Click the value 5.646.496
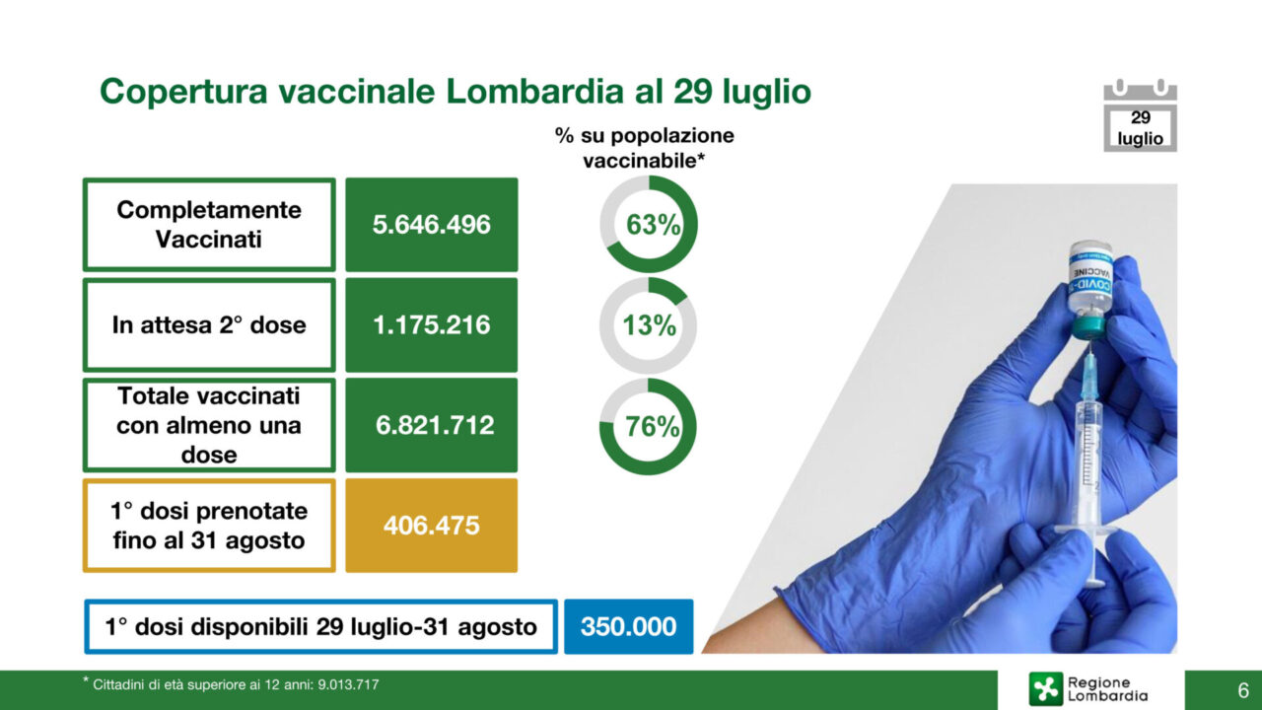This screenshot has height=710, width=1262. coord(432,224)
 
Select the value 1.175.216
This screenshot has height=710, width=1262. coord(432,325)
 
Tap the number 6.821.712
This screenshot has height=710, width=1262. coord(435,425)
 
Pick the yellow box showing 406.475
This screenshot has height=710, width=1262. coord(432,526)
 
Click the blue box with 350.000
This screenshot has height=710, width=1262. coord(629,626)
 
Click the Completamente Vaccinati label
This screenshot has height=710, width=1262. coord(209,225)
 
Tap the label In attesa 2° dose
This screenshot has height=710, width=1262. coord(209,325)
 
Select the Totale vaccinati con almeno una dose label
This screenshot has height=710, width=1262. coord(209,425)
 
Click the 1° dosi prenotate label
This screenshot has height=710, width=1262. coord(209,526)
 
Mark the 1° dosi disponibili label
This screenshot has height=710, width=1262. coord(321,626)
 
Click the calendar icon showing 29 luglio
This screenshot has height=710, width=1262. coord(1141,115)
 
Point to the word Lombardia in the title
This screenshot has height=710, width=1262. coord(534,92)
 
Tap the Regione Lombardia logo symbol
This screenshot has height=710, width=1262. coord(1046,688)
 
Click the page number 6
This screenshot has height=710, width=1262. coord(1243,690)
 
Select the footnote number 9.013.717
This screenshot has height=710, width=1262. coord(348,684)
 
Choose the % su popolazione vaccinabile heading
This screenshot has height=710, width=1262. coord(645,148)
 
